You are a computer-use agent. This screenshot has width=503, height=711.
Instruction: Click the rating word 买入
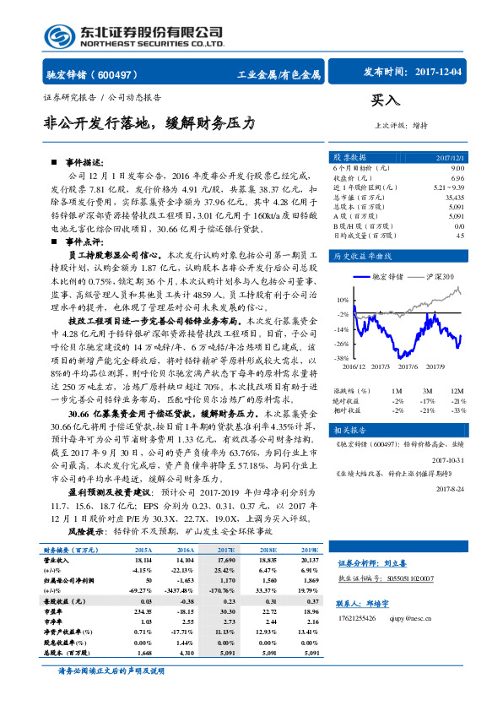[386, 100]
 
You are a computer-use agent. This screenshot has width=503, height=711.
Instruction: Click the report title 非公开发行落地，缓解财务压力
[149, 122]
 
